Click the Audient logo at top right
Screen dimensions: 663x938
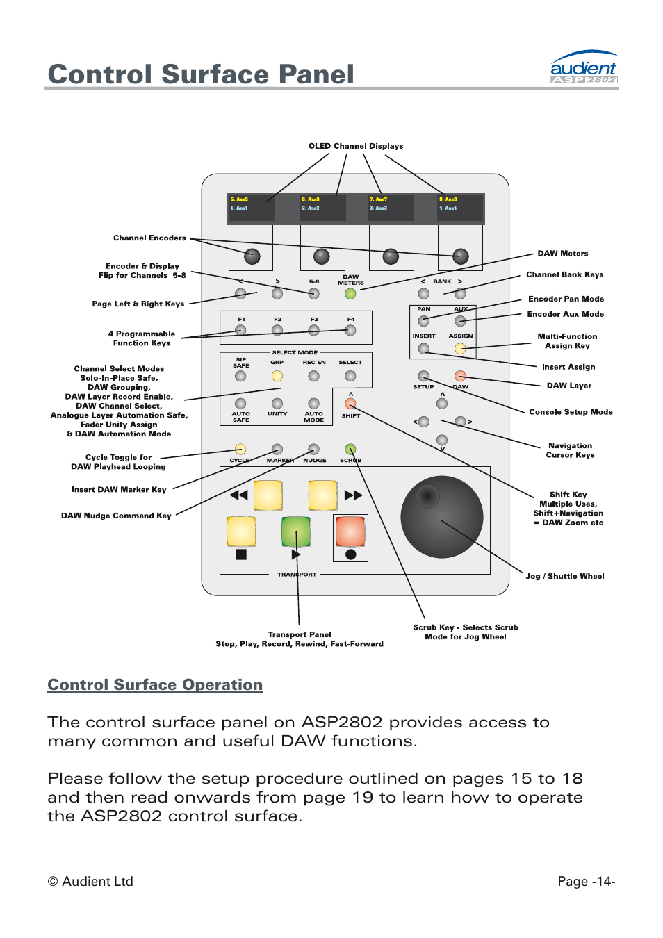583,68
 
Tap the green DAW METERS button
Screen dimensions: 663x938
350,294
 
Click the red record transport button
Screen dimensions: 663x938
350,532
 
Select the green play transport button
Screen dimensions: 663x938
296,532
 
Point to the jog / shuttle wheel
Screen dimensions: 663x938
441,517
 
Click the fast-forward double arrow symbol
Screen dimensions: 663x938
353,495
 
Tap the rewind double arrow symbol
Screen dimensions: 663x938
238,495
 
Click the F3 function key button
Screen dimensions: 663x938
314,331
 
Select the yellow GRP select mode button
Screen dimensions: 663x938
277,376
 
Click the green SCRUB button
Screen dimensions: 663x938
350,450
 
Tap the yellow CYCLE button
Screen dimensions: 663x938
240,450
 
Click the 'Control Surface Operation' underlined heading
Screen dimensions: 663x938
155,685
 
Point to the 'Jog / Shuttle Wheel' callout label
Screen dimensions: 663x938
564,576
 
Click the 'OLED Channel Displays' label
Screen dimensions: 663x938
356,146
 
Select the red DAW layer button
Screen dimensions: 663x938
460,376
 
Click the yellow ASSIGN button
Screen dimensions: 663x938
460,349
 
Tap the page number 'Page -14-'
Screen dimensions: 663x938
586,881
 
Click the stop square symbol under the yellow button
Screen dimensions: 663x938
241,554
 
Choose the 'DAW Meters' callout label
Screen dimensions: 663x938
562,254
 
